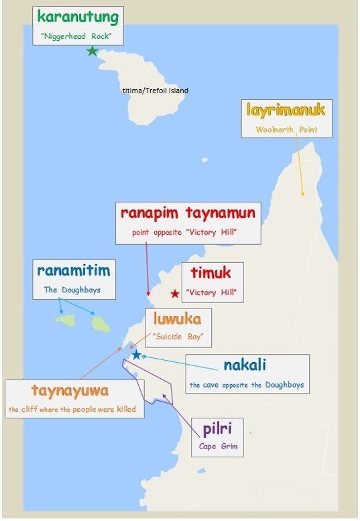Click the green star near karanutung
pos(93,51)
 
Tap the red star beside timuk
pos(175,294)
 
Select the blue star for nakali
pos(137,354)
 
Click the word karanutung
pos(77,17)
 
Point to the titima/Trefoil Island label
pos(155,91)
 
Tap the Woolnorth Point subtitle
pos(286,129)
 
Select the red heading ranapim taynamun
pos(188,213)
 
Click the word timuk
pos(210,274)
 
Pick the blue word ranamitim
pos(73,271)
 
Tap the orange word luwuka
pos(178,319)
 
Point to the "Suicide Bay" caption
pos(178,336)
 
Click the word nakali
pos(245,365)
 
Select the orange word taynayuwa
pos(70,390)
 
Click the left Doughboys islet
pos(66,320)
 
